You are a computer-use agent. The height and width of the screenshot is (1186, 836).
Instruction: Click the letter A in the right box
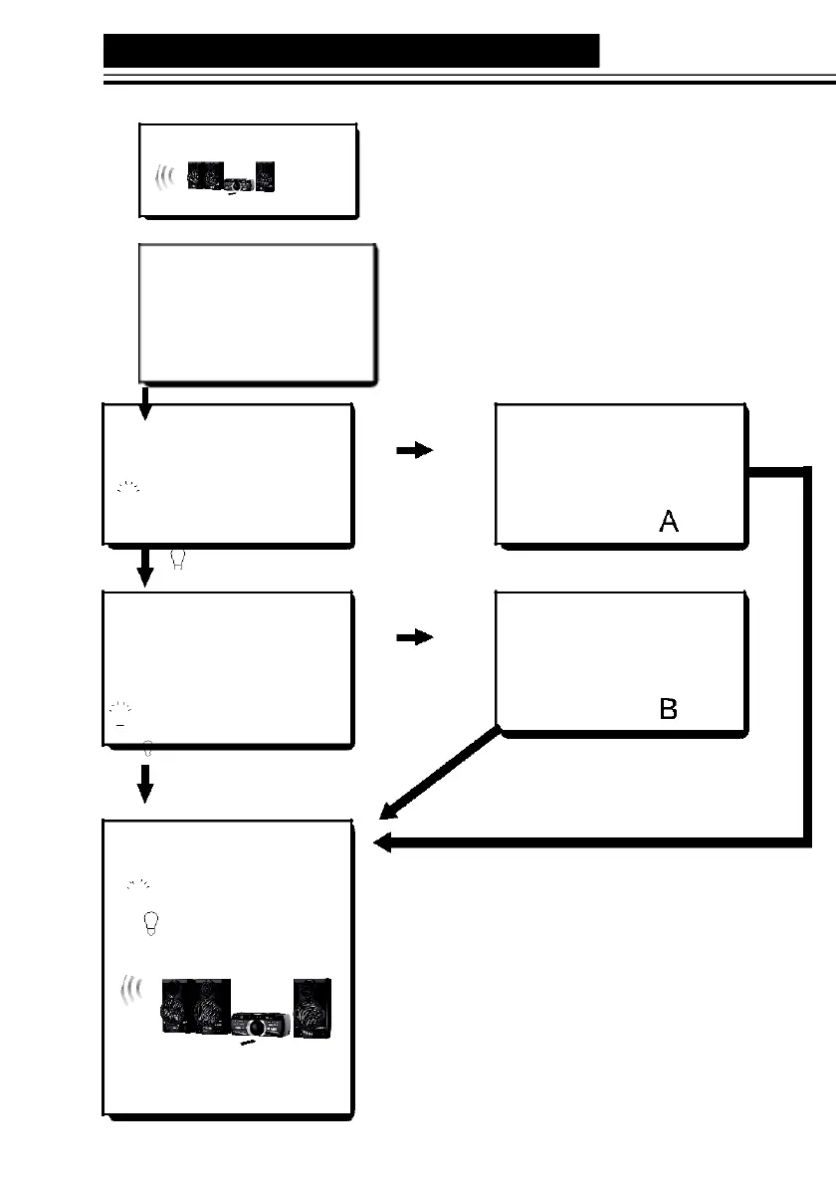click(x=669, y=520)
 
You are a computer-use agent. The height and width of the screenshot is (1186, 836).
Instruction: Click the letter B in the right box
click(x=669, y=709)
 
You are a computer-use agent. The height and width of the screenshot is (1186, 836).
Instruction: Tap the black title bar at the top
click(x=351, y=51)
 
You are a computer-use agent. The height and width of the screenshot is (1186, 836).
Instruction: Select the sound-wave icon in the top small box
click(x=165, y=176)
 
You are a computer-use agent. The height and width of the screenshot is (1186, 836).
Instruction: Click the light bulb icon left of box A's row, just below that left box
click(x=179, y=562)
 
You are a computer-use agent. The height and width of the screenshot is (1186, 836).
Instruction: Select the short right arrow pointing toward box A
click(x=414, y=450)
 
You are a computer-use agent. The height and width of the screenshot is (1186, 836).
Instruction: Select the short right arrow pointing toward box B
click(x=414, y=638)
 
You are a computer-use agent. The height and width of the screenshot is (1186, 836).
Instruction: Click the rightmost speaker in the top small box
click(x=264, y=176)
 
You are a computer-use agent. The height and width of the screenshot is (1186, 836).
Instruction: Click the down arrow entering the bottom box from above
click(x=145, y=786)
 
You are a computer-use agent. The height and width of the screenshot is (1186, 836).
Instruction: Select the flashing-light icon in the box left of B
click(x=121, y=709)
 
